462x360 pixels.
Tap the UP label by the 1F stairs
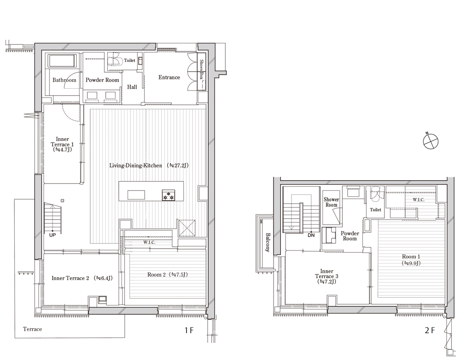point(52,235)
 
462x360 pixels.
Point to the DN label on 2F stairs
point(311,235)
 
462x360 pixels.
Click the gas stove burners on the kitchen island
point(168,195)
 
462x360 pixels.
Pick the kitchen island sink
point(136,195)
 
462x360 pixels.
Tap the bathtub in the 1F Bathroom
point(62,61)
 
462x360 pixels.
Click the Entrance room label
point(169,77)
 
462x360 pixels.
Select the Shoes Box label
point(201,70)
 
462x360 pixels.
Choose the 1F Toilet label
point(130,61)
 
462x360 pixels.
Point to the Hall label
point(132,87)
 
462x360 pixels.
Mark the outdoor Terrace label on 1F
point(32,329)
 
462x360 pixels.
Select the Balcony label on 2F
point(268,243)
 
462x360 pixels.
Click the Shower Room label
point(331,202)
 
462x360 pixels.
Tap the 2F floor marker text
point(429,330)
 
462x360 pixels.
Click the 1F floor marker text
point(189,330)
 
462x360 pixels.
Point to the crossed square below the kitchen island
point(187,228)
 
